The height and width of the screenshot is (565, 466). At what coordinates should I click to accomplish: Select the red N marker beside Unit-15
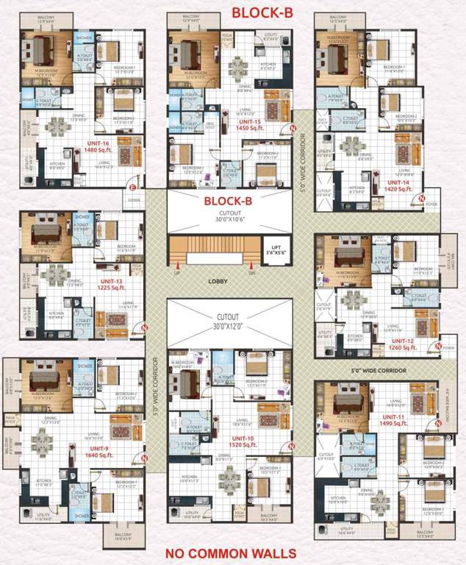[292, 129]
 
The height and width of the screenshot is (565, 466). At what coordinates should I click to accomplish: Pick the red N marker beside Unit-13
[145, 327]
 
